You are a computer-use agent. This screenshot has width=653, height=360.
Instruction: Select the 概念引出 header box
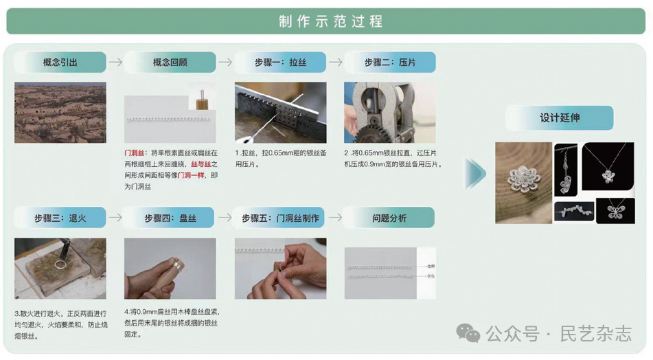pyautogui.click(x=60, y=63)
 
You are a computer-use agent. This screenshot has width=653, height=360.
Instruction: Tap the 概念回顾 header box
pyautogui.click(x=170, y=63)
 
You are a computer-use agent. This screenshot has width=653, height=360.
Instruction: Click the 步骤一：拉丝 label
pyautogui.click(x=280, y=63)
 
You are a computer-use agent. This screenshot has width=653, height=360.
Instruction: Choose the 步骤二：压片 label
pyautogui.click(x=389, y=63)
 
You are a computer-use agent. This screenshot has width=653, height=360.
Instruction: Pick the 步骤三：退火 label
pyautogui.click(x=60, y=218)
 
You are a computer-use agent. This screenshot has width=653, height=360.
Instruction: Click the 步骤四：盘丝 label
pyautogui.click(x=170, y=218)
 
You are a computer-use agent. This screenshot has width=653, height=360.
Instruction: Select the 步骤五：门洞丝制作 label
pyautogui.click(x=280, y=218)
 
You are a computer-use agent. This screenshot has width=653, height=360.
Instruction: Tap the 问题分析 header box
pyautogui.click(x=389, y=218)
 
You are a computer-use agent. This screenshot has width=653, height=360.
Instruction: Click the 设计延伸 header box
pyautogui.click(x=559, y=117)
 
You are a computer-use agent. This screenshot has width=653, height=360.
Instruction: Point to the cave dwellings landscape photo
pyautogui.click(x=60, y=112)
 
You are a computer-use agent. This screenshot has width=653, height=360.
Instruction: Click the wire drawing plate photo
pyautogui.click(x=280, y=112)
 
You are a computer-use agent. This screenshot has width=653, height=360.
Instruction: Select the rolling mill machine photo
pyautogui.click(x=389, y=112)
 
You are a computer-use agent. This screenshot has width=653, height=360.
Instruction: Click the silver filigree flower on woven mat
pyautogui.click(x=523, y=182)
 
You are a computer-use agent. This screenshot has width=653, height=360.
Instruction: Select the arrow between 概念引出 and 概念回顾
pyautogui.click(x=115, y=63)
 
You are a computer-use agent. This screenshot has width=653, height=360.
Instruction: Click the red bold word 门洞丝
pyautogui.click(x=135, y=152)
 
